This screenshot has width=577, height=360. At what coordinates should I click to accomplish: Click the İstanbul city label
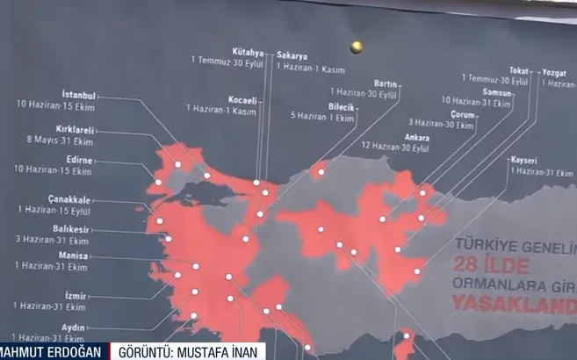point(78,94)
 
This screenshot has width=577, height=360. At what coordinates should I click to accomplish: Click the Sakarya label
point(292,54)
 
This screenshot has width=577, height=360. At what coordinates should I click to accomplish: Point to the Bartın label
point(386,83)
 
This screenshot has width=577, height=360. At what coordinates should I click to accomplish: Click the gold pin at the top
point(357,46)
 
